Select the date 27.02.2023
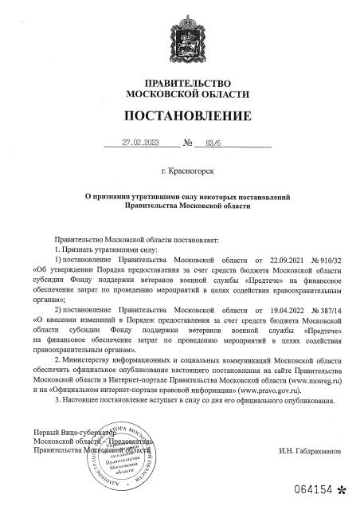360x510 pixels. (x=141, y=145)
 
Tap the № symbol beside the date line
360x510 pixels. (x=189, y=145)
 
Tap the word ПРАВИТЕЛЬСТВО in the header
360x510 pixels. (x=179, y=84)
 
